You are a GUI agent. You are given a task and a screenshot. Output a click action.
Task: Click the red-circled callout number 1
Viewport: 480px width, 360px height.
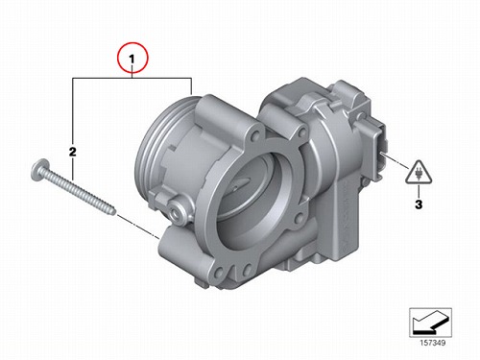pos(132,59)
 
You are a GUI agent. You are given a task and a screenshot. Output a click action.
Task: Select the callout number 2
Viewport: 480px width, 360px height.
pos(73,152)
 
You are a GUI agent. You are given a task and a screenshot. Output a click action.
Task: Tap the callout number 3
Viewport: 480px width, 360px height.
pos(419,204)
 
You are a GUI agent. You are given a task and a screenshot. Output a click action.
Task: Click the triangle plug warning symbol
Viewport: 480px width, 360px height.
pos(419,173)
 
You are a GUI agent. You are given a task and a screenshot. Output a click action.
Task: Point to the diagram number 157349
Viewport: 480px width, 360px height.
pos(432,343)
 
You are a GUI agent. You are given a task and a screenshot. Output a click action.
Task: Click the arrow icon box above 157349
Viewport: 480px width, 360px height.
pos(430,323)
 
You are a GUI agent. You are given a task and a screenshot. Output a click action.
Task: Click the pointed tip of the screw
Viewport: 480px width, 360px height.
pos(114,212)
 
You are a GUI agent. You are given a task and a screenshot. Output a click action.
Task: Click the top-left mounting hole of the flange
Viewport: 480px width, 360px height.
pos(255,135)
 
